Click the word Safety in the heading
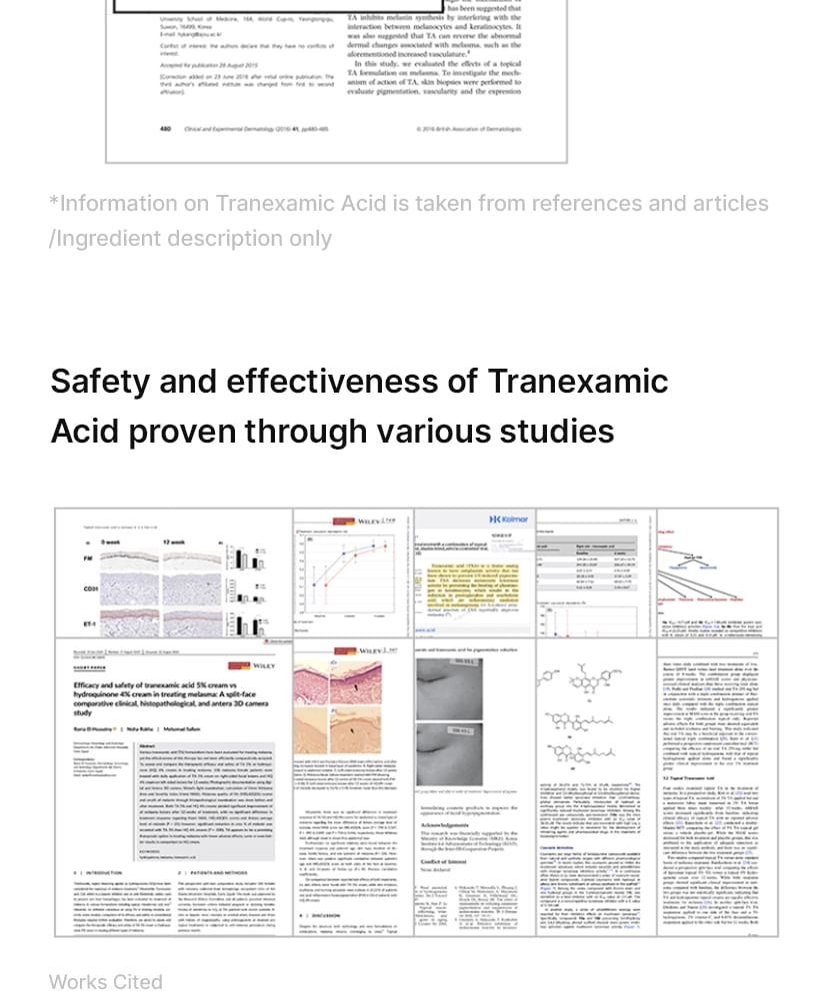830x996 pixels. (x=101, y=382)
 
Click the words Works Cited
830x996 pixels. (x=105, y=981)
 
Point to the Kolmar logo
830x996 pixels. (x=509, y=519)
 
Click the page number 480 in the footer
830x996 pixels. (x=166, y=129)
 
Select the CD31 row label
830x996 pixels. (x=90, y=589)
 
